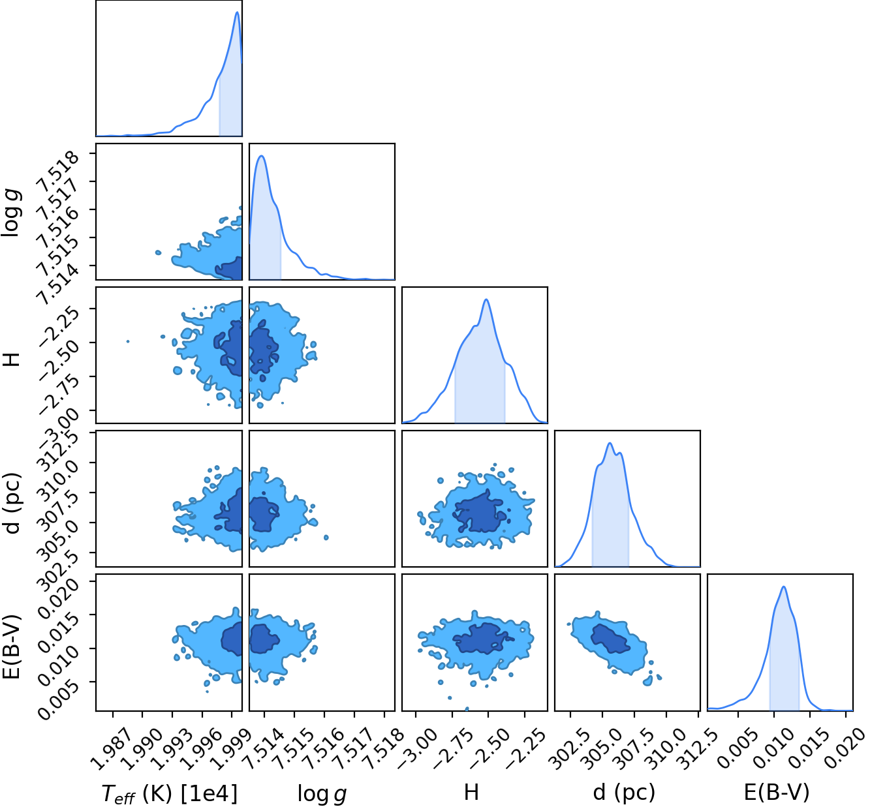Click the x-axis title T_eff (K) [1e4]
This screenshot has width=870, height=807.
click(x=170, y=792)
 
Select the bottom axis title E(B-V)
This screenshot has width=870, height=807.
click(x=776, y=792)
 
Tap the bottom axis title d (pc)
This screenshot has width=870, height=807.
click(x=624, y=792)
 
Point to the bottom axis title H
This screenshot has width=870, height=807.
click(x=471, y=792)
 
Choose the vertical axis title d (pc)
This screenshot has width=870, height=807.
click(x=11, y=503)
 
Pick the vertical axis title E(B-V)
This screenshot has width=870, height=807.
click(x=10, y=647)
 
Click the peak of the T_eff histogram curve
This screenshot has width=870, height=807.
click(x=237, y=12)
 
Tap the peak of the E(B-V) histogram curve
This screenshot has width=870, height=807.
click(x=784, y=586)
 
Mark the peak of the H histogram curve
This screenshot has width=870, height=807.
click(x=486, y=299)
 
